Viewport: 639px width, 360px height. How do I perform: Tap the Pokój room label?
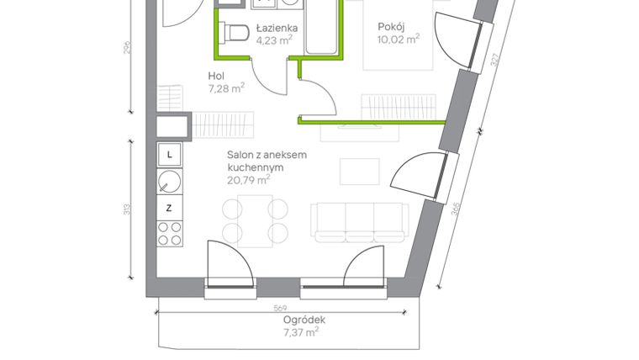(x=392, y=26)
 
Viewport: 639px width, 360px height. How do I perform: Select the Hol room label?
(x=217, y=77)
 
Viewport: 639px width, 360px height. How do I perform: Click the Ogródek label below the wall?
(x=304, y=320)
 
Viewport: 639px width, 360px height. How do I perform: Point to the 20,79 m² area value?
(x=248, y=179)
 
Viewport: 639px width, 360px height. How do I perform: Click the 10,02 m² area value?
(x=399, y=38)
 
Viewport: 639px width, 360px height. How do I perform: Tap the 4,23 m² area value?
(x=275, y=39)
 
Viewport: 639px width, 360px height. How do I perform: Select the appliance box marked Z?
(x=170, y=207)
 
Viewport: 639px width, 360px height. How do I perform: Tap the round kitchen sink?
(x=170, y=180)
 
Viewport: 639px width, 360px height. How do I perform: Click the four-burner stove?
(x=170, y=232)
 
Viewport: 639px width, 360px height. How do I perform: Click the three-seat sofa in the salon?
(x=347, y=222)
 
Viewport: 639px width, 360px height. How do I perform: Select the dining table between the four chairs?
(x=253, y=220)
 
